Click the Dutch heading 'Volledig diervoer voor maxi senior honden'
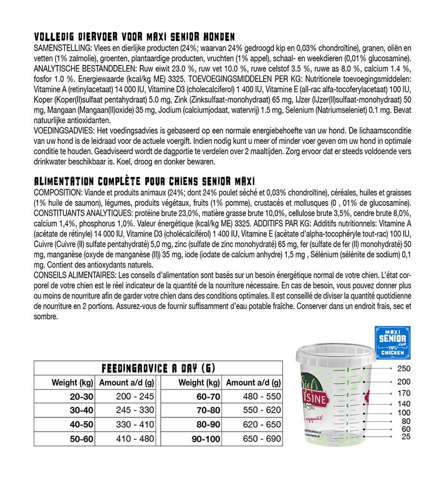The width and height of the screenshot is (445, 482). coord(135,38)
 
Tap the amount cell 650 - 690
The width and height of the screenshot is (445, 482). coord(260,439)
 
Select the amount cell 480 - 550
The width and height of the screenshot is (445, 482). coord(260,397)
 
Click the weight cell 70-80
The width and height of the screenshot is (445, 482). coord(206,411)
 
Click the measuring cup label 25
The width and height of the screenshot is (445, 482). coord(405,437)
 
